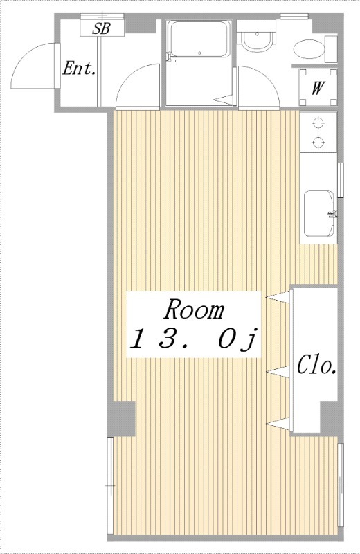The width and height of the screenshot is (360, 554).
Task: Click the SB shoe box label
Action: [x=101, y=28]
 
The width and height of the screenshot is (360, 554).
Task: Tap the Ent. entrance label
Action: [x=79, y=68]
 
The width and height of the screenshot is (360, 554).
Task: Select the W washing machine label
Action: [x=318, y=88]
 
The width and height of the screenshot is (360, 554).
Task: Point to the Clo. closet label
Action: [x=316, y=365]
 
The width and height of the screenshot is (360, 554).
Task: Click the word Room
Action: [x=195, y=309]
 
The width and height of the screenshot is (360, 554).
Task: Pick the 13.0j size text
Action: [x=193, y=339]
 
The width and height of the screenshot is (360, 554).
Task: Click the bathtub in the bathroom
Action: [x=199, y=39]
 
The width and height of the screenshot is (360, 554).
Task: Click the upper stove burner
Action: [x=318, y=123]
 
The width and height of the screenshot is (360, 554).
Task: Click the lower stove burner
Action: [x=318, y=142]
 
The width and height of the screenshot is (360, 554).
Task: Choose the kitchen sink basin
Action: [x=319, y=214]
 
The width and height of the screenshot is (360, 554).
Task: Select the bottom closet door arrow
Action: [x=278, y=424]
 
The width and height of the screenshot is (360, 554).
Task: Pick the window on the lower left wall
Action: [x=110, y=487]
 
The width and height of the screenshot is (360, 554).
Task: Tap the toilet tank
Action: [x=331, y=48]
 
